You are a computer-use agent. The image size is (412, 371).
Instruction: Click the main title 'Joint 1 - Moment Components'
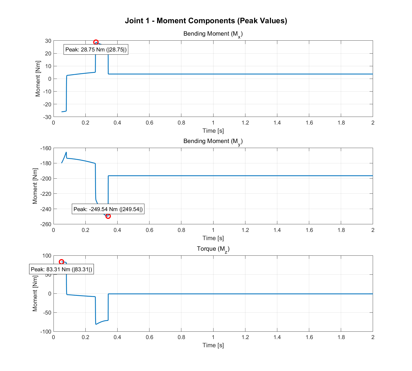pos(206,21)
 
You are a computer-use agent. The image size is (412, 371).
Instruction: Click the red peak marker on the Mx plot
pos(96,42)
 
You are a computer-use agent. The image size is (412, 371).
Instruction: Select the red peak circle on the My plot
pos(108,216)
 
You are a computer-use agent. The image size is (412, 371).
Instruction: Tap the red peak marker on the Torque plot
pos(61,262)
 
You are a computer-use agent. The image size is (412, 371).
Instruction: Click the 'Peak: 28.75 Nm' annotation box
pos(96,50)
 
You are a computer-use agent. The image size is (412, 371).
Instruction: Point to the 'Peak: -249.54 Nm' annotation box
pos(108,209)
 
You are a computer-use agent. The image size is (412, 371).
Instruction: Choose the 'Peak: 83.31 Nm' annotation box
pos(61,269)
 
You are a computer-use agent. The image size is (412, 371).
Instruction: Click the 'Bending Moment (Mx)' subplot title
pos(213,34)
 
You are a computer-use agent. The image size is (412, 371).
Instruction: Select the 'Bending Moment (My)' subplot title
pos(213,141)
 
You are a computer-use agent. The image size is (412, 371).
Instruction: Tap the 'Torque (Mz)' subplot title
pos(213,249)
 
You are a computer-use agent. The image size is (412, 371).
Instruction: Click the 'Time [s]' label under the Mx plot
pos(213,131)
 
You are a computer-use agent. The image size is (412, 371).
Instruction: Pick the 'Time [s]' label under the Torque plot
pos(213,345)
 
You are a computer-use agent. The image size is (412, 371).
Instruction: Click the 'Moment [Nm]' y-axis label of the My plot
pos(35,186)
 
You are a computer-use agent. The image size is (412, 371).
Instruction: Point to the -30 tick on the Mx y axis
pos(48,117)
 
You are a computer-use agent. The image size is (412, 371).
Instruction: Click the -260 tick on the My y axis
pos(46,224)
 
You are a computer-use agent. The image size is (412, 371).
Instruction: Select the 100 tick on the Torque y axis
pos(47,256)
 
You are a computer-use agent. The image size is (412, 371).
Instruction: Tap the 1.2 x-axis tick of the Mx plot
pos(245,123)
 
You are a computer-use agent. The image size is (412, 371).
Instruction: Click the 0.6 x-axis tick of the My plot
pos(149,230)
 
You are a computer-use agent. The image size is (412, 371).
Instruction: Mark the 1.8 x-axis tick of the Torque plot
pos(341,337)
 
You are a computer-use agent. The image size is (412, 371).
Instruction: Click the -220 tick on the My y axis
pos(46,194)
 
